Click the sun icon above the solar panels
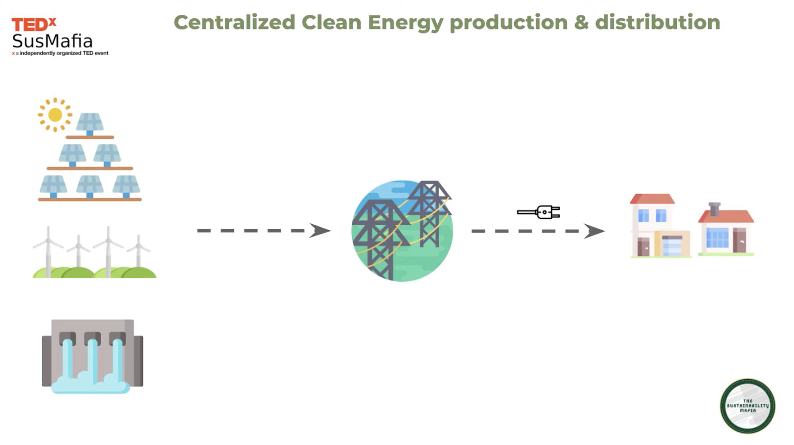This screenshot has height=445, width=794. [55, 115]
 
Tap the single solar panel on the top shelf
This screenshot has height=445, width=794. [90, 123]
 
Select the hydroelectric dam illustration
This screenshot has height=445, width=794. [93, 355]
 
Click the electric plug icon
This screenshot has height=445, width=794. [539, 212]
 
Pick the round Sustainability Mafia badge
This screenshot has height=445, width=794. [747, 406]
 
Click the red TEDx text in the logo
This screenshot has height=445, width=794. [33, 24]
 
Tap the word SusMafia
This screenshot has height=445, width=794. [52, 41]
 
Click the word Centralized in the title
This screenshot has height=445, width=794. [234, 22]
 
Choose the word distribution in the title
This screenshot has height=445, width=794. [658, 22]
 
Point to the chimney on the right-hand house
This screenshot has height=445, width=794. [715, 208]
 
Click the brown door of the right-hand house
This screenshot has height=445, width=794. [739, 240]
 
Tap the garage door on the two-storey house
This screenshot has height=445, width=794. [672, 246]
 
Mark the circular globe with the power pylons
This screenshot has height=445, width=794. [402, 231]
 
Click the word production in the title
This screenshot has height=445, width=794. [509, 23]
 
